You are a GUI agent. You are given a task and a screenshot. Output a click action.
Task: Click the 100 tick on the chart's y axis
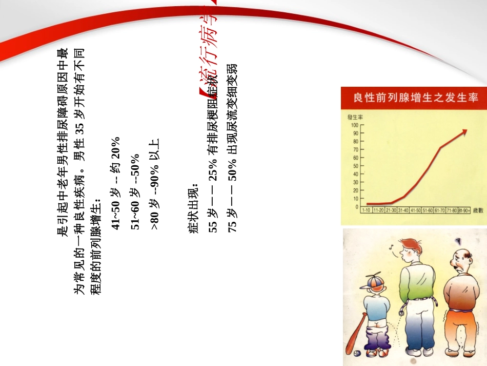click(x=355, y=125)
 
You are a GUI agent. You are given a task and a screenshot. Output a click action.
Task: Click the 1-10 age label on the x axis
click(x=366, y=210)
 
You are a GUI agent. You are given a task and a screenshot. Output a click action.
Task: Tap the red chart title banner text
click(x=412, y=97)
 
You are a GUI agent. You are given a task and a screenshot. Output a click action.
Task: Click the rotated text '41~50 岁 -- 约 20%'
click(x=116, y=183)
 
